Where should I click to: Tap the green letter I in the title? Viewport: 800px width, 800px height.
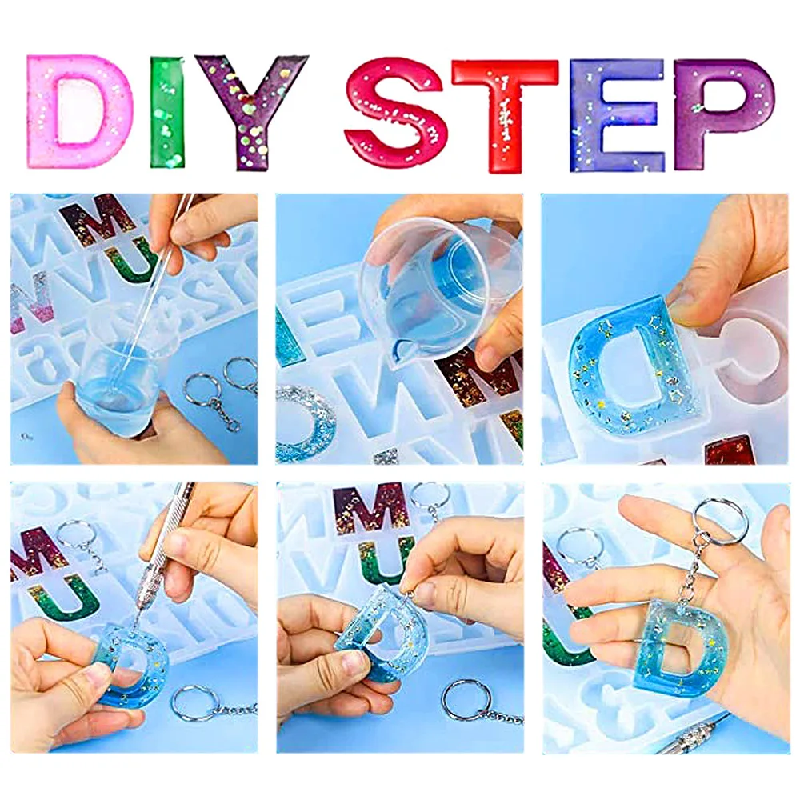(167, 112)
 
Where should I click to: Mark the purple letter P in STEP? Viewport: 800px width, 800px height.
(694, 114)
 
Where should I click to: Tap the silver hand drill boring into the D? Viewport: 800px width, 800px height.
(162, 556)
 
